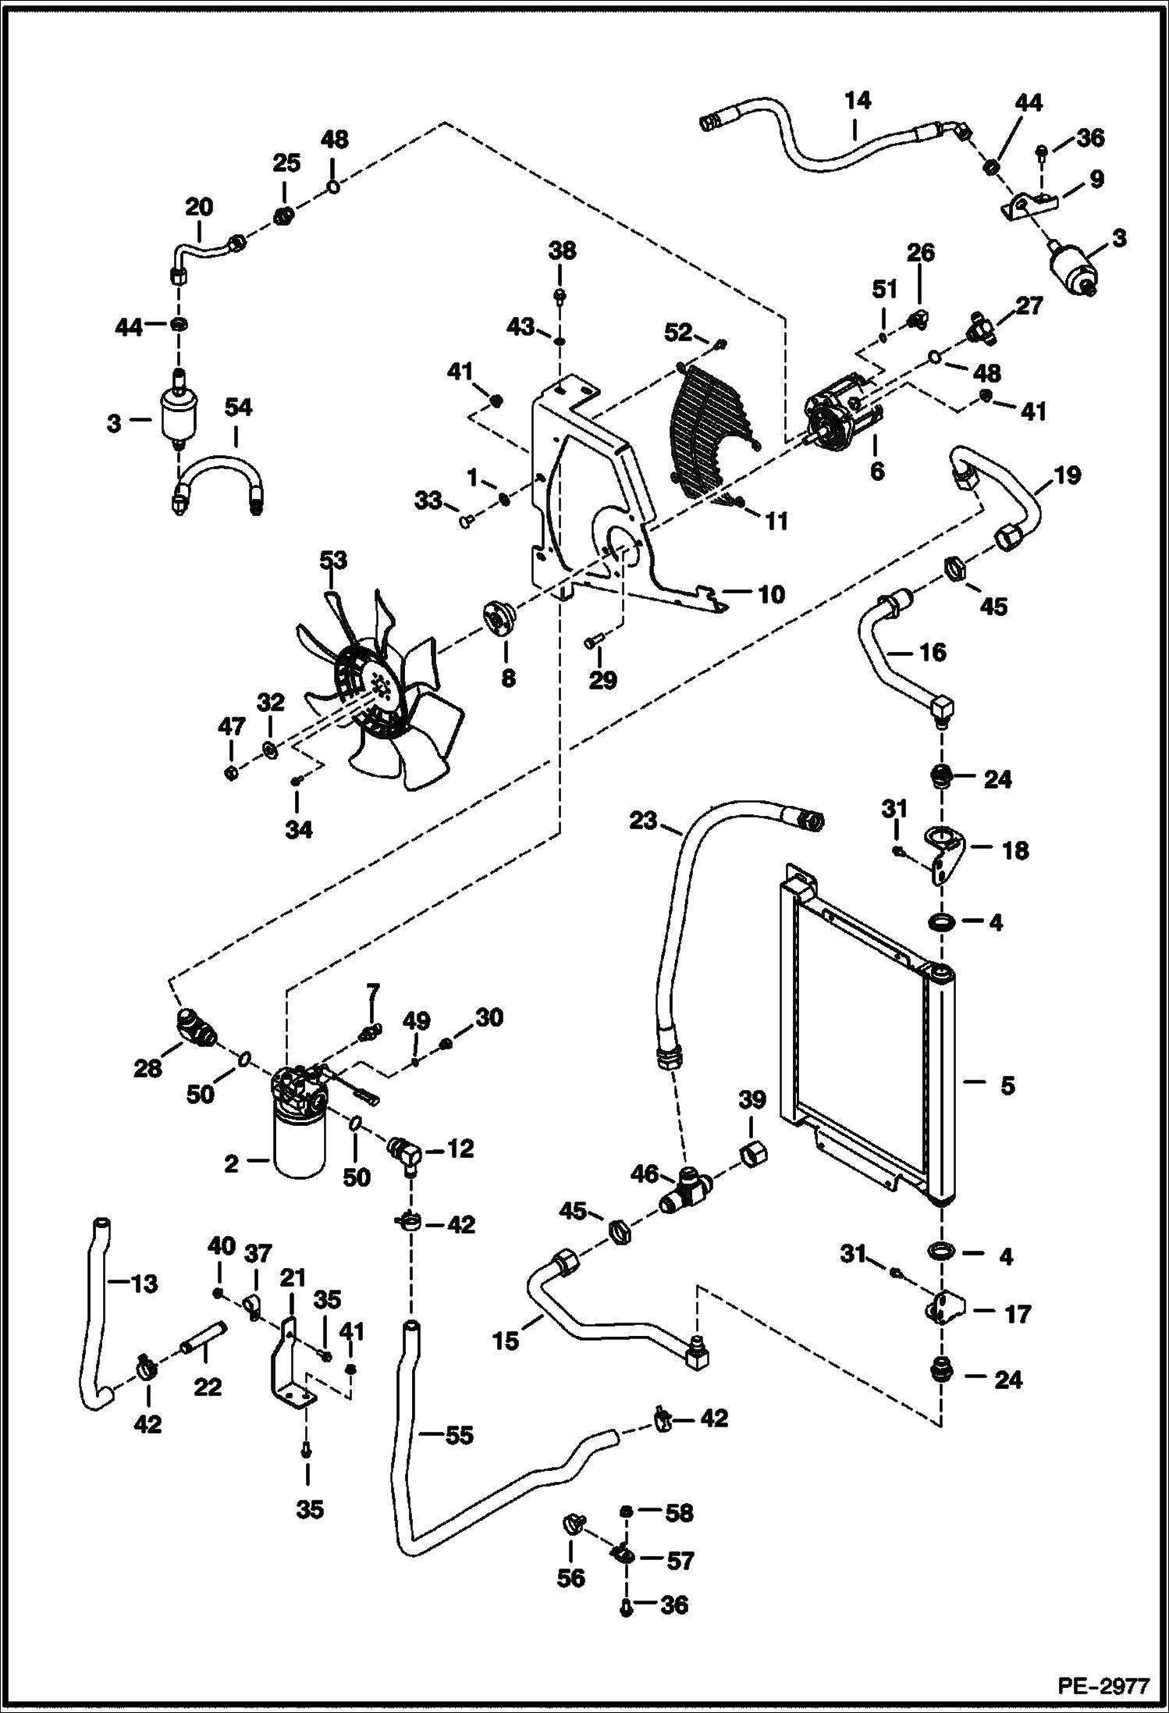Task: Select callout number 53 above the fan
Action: [x=333, y=561]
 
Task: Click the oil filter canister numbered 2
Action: [x=300, y=1141]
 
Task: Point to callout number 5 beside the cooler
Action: [x=1007, y=1085]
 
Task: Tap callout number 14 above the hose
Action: [x=857, y=101]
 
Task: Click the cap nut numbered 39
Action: [x=751, y=1151]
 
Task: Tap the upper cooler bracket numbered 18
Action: [x=944, y=851]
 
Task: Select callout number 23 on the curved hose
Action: [x=644, y=821]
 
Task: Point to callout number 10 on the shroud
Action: [x=771, y=594]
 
